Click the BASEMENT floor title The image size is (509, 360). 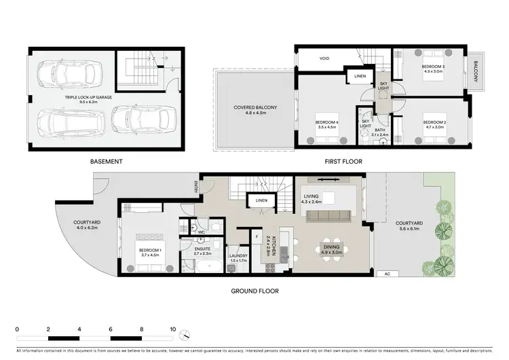(x=106, y=162)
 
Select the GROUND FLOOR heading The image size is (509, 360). (x=254, y=291)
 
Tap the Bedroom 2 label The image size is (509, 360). (x=434, y=123)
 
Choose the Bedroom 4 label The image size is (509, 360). (x=326, y=124)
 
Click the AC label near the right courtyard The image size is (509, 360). (x=388, y=274)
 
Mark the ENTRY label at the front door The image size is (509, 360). (x=197, y=185)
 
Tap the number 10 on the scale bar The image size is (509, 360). (x=173, y=328)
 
